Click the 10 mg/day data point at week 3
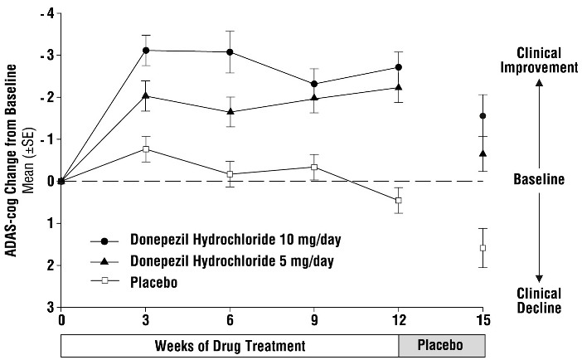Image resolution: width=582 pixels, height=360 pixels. [146, 50]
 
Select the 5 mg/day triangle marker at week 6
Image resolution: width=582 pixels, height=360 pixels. [230, 111]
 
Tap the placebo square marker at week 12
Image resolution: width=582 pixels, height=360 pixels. [399, 200]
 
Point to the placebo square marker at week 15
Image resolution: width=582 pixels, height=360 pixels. [483, 248]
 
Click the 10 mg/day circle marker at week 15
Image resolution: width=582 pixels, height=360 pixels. [483, 115]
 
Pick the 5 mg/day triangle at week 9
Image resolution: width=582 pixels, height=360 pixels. [314, 98]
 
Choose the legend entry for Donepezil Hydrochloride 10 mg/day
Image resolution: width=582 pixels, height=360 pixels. [216, 241]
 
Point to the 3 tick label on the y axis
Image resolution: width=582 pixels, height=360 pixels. [50, 307]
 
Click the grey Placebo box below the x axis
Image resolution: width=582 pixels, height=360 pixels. [441, 344]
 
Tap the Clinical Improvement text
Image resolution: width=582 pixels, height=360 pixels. [539, 59]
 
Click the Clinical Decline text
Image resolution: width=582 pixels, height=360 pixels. [539, 300]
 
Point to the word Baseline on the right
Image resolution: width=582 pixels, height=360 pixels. [539, 179]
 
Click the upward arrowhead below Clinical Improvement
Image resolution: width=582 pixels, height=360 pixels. [539, 83]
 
